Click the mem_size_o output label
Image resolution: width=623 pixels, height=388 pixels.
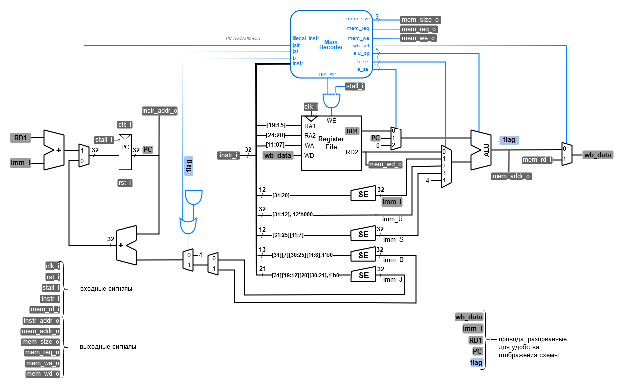tap(420, 20)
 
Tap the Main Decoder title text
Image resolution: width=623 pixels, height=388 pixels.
tap(331, 45)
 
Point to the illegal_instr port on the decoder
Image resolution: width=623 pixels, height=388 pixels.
tap(306, 38)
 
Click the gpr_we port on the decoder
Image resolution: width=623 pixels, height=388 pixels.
tap(327, 74)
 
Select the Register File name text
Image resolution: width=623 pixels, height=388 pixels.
tap(331, 143)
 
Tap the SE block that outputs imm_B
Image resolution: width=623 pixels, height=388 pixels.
tap(363, 256)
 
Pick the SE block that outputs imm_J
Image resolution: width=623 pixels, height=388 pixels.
tap(363, 276)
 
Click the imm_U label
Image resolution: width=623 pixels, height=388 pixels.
tap(392, 219)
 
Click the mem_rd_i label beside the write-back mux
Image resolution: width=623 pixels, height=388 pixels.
tap(537, 160)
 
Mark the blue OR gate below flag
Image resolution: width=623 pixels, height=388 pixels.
tap(188, 225)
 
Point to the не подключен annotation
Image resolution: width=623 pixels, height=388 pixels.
tap(243, 38)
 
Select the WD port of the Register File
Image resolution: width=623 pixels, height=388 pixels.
tap(309, 155)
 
